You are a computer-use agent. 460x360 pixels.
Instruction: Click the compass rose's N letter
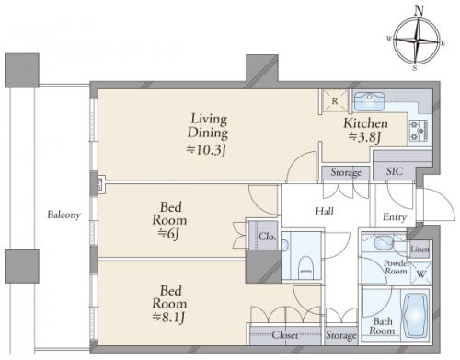tap(419, 11)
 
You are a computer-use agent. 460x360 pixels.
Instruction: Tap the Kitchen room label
tap(365, 123)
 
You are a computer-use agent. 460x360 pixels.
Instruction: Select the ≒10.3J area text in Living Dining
tap(207, 150)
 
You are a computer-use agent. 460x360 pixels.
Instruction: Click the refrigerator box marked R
tap(335, 100)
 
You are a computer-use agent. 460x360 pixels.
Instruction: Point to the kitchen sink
tap(369, 101)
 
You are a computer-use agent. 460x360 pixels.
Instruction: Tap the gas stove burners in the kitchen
tap(419, 131)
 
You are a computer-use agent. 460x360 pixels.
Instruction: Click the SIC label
tap(395, 171)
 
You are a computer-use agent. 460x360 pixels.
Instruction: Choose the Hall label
tap(325, 211)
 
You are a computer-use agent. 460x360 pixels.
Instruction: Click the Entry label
tap(395, 217)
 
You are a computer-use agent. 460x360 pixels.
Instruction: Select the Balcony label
tap(63, 215)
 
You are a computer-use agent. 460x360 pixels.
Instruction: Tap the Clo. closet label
tap(267, 237)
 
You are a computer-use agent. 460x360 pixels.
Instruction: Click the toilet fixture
tap(305, 265)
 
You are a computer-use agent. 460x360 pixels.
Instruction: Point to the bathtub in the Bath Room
tap(415, 315)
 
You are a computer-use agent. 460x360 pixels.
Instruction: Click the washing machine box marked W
tap(420, 273)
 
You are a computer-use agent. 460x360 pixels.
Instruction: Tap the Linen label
tap(420, 249)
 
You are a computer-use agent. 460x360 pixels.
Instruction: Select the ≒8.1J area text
tap(169, 317)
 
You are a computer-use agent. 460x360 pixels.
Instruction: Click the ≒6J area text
tap(168, 234)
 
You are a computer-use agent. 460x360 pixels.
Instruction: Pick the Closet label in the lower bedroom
tap(285, 335)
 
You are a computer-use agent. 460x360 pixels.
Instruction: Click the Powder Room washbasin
tap(384, 242)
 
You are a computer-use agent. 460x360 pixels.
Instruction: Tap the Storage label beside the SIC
tap(346, 173)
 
